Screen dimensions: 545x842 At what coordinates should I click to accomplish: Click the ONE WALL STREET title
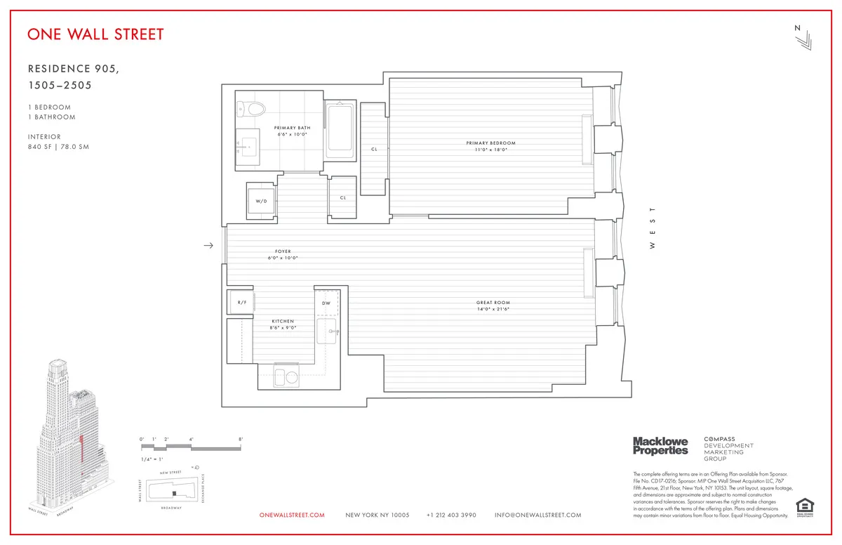coord(96,34)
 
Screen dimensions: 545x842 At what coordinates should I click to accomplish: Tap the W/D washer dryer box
coord(261,201)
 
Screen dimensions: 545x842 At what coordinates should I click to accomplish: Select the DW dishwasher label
coord(326,303)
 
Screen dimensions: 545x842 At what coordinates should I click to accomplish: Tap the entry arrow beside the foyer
coord(208,245)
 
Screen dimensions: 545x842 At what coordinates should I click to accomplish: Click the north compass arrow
coord(803,40)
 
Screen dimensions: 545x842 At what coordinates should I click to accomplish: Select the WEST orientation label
coord(652,228)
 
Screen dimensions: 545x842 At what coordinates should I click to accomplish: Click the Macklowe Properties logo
coord(660,445)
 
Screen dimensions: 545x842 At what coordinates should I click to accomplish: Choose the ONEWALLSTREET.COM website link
coord(292,515)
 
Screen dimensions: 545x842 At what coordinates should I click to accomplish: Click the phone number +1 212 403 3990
coord(451,515)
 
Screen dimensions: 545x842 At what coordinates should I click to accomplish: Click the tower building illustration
coord(67,435)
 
